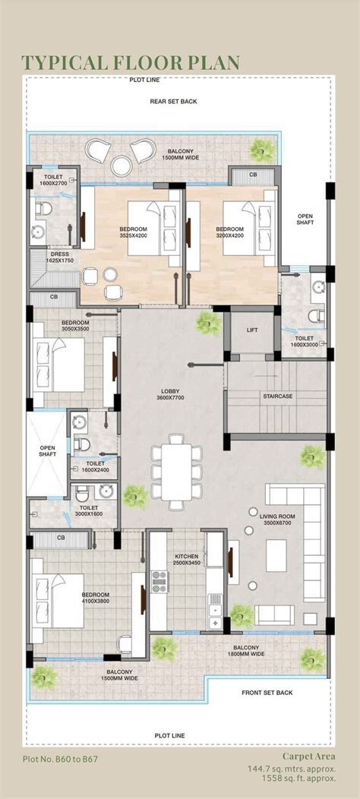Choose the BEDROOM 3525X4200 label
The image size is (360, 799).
[132, 232]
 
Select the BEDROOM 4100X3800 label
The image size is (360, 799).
[96, 598]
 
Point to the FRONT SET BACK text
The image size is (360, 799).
[267, 693]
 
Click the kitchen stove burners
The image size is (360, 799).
[159, 581]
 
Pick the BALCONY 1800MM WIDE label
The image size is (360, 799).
[249, 650]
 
